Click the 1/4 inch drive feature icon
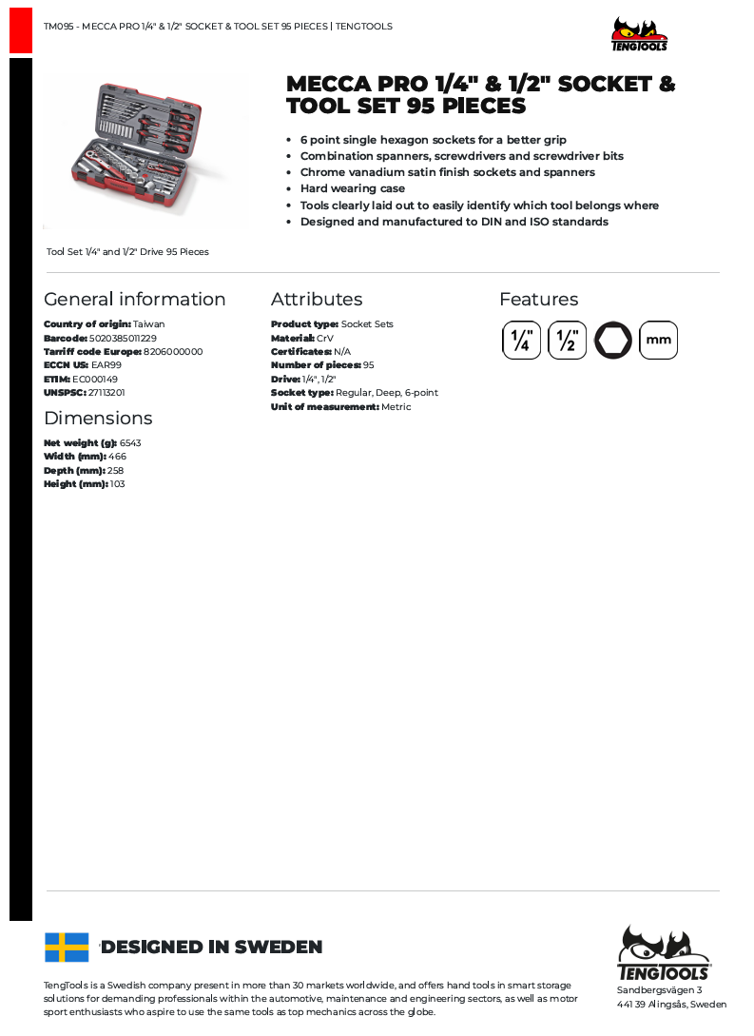[x=521, y=341]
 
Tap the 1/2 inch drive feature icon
[x=567, y=341]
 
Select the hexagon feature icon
[x=613, y=341]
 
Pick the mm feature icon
[x=658, y=341]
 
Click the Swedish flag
[x=67, y=947]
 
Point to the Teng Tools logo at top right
[x=639, y=34]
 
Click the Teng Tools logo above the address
[x=664, y=952]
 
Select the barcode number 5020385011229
[x=123, y=338]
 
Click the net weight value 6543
[x=130, y=442]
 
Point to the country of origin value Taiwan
[x=148, y=324]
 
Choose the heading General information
[x=135, y=299]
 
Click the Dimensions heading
[x=98, y=418]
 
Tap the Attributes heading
[x=317, y=299]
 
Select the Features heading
[x=538, y=299]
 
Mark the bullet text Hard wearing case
[x=353, y=188]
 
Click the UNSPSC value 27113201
[x=106, y=392]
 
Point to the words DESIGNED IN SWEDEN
[x=212, y=947]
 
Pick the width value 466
[x=117, y=457]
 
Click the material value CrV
[x=325, y=338]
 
